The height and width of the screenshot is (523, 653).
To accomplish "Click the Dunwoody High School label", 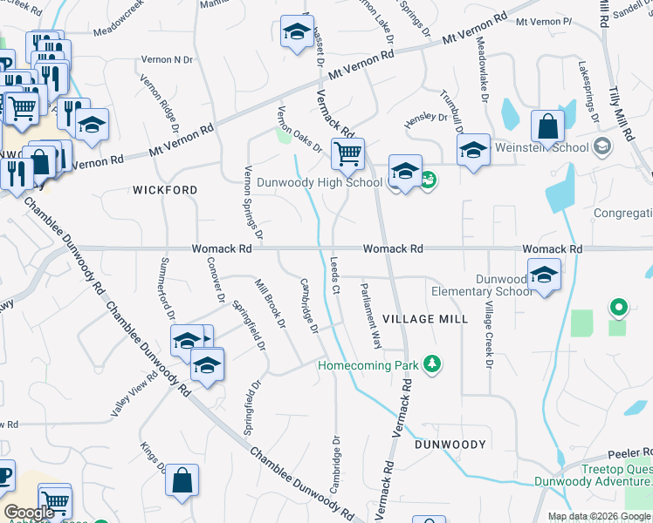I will (x=319, y=182).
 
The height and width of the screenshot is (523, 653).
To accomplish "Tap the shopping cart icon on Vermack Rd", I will (x=347, y=155).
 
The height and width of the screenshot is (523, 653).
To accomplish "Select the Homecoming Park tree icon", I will (x=430, y=364).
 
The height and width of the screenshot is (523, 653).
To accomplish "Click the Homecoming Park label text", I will (x=366, y=365).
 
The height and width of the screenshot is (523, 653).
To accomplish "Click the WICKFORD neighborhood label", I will (x=165, y=189).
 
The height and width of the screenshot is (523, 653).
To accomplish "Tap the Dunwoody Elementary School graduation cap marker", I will (x=544, y=275).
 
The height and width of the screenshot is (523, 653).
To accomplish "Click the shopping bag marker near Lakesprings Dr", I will (x=546, y=128).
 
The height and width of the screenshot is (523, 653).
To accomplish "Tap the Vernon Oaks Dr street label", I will (x=299, y=129).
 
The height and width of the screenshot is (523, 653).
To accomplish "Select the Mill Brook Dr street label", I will (x=271, y=303).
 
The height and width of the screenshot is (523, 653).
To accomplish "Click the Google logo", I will (x=29, y=513).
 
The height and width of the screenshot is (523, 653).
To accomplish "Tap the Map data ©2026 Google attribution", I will (x=599, y=516).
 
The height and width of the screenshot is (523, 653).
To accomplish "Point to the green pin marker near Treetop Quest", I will (x=619, y=308).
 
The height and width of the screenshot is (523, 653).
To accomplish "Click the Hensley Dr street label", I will (x=431, y=117).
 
